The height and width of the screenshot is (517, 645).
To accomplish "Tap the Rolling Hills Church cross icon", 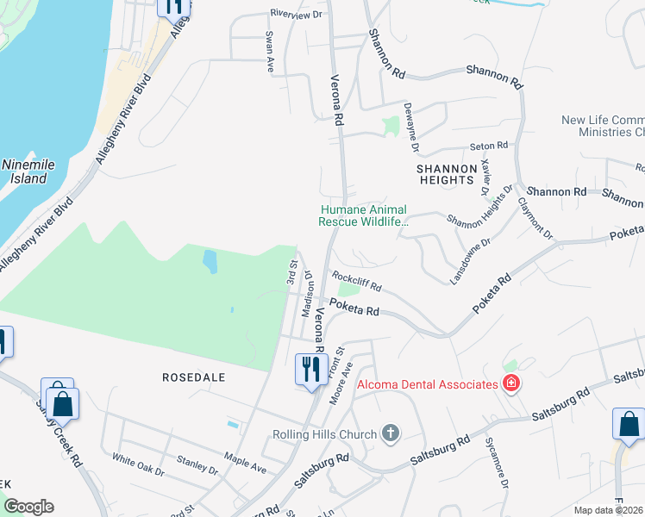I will [x=391, y=432].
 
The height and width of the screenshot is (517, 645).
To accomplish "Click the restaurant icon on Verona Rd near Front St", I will [x=310, y=370].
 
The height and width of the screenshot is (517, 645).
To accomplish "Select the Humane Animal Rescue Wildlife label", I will [x=362, y=215].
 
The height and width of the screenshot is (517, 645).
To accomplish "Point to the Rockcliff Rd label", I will [x=357, y=283].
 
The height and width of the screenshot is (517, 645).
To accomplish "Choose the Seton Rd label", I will [x=488, y=146].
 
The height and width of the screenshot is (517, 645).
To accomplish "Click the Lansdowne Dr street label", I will [x=470, y=261].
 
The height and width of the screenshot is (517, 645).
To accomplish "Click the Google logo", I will [x=28, y=507].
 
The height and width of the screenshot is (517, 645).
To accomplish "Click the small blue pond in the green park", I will [x=210, y=261].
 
